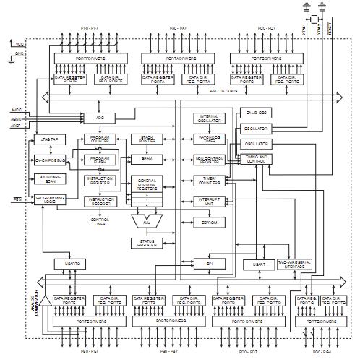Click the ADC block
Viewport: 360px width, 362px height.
pyautogui.click(x=100, y=117)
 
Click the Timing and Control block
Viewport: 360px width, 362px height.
pyautogui.click(x=256, y=159)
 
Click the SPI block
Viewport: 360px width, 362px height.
pyautogui.click(x=210, y=265)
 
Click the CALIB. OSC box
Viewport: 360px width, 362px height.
pyautogui.click(x=256, y=113)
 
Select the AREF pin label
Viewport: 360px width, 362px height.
pyautogui.click(x=17, y=124)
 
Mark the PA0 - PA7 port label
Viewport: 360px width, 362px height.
pyautogui.click(x=178, y=28)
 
